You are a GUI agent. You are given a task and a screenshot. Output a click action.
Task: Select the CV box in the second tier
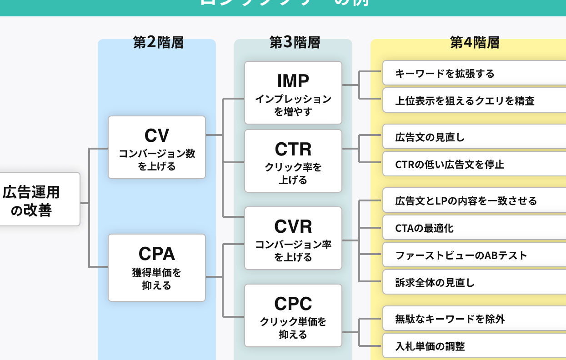pos(157,147)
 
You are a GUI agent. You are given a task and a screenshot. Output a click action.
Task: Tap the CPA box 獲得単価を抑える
pos(157,267)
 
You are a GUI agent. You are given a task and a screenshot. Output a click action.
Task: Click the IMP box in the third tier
pos(293,93)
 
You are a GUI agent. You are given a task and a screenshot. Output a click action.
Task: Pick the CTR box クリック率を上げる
pos(293,161)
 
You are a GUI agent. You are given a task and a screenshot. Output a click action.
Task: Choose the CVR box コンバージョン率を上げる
pos(293,238)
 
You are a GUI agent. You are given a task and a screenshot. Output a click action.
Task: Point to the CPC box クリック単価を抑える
pos(293,315)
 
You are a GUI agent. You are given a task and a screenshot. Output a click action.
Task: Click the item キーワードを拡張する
pos(473,74)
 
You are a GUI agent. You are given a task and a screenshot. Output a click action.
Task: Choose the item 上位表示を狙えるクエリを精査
pos(473,101)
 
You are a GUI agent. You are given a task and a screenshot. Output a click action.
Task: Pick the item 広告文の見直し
pos(473,137)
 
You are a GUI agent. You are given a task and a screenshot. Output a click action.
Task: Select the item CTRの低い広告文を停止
pos(473,165)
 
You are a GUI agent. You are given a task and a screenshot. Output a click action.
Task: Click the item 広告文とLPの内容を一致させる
pos(473,201)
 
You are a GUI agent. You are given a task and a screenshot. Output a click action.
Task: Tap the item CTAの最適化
pos(473,228)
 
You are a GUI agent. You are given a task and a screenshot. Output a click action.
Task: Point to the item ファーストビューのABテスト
pos(473,255)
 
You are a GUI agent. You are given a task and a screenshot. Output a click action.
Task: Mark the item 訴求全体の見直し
pos(473,283)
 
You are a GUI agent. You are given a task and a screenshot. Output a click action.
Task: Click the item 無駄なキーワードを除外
pos(473,319)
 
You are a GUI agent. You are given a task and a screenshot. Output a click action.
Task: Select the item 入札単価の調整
pos(473,346)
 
